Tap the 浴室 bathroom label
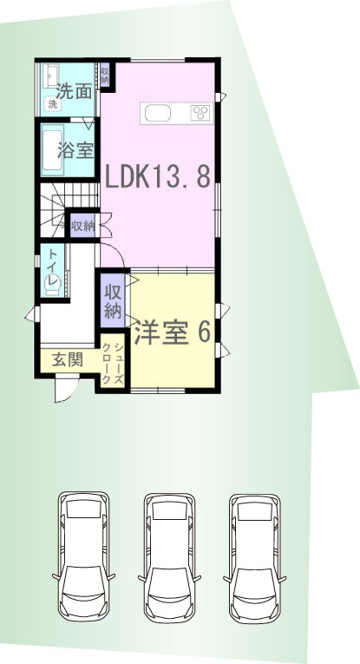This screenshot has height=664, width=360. pos(75,149)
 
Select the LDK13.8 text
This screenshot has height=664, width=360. pos(157,176)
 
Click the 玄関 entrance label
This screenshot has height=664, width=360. pos(68,360)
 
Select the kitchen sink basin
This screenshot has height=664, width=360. pos(157,113)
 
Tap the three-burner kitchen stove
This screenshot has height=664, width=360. pos(200,113)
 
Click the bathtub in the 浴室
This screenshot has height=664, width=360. pos(52,150)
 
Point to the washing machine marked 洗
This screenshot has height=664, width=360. pos(53,103)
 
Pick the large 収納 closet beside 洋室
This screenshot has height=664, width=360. pos(113,301)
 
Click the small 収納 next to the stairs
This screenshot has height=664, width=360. pos(82,226)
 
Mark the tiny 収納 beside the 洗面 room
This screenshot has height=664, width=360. pos(105,75)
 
